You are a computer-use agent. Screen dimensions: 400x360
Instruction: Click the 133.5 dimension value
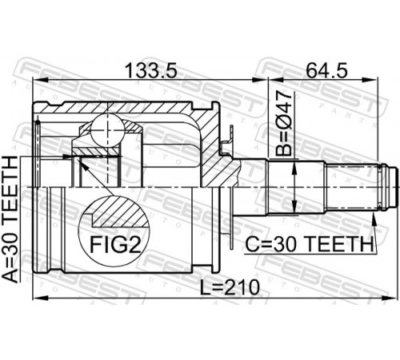(x=151, y=70)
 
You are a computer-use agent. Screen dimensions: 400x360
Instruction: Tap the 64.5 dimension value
(x=326, y=70)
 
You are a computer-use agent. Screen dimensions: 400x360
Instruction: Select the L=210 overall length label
(x=230, y=287)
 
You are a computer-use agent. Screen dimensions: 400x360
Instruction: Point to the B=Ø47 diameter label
(x=284, y=123)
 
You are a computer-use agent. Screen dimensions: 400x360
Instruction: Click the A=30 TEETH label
(x=10, y=219)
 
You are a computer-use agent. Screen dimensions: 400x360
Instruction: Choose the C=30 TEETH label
(x=309, y=244)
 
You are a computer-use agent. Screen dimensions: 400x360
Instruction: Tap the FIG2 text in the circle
(x=115, y=245)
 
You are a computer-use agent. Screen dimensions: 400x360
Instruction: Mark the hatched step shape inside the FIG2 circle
(x=120, y=214)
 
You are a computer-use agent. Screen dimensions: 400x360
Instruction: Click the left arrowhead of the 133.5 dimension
(x=40, y=80)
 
